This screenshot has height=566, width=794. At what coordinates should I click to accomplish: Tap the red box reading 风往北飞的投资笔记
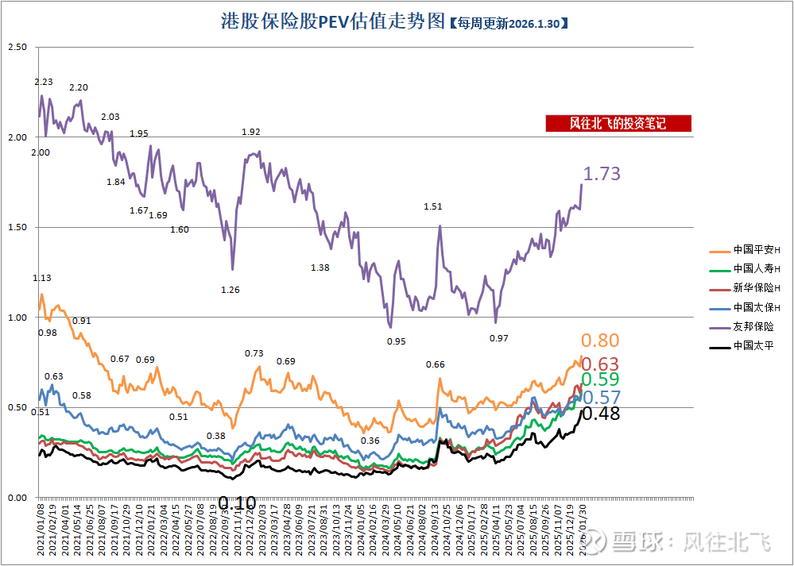[618, 123]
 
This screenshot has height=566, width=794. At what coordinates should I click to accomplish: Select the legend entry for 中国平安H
[745, 250]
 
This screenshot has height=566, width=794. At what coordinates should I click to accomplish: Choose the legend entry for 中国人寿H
[745, 268]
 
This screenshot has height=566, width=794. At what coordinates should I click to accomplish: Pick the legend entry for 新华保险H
[745, 287]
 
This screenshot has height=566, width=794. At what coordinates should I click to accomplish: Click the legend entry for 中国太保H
[745, 307]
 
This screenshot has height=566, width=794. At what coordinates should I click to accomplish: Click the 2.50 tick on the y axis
[17, 48]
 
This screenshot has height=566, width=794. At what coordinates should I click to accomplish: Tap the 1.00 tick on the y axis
[17, 318]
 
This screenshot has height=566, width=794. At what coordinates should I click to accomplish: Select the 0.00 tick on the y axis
[17, 498]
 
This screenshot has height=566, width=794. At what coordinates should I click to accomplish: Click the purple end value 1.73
[602, 174]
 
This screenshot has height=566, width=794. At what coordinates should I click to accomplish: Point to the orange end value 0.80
[600, 341]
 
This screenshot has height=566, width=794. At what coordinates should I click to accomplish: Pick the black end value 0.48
[601, 414]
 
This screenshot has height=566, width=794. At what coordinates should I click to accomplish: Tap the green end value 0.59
[601, 379]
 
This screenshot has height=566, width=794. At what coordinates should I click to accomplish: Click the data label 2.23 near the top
[44, 82]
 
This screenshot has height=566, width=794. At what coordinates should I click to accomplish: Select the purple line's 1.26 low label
[230, 290]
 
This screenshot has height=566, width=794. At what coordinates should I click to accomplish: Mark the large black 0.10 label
[237, 503]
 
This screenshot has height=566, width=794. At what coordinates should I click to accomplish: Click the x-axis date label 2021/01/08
[41, 526]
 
